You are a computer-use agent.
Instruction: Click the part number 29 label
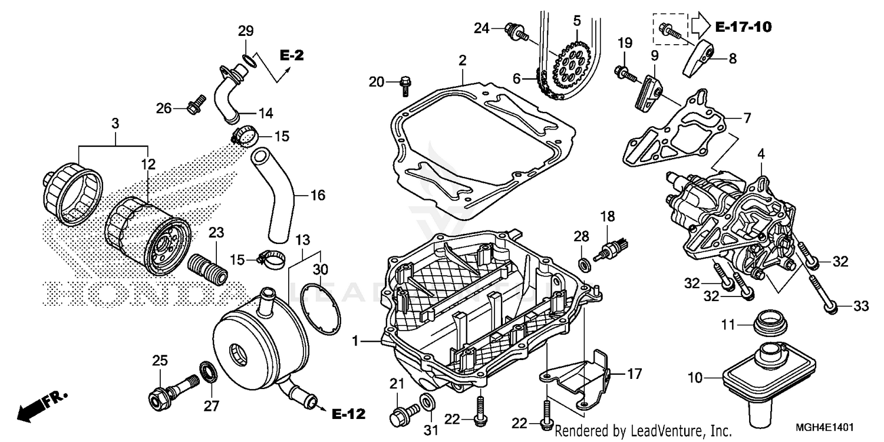(246, 31)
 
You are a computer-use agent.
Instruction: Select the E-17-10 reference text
(743, 27)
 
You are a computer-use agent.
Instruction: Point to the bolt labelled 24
(515, 29)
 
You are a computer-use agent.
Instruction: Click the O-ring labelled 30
(321, 308)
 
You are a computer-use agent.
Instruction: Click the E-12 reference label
(348, 413)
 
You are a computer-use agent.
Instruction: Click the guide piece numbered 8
(700, 58)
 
